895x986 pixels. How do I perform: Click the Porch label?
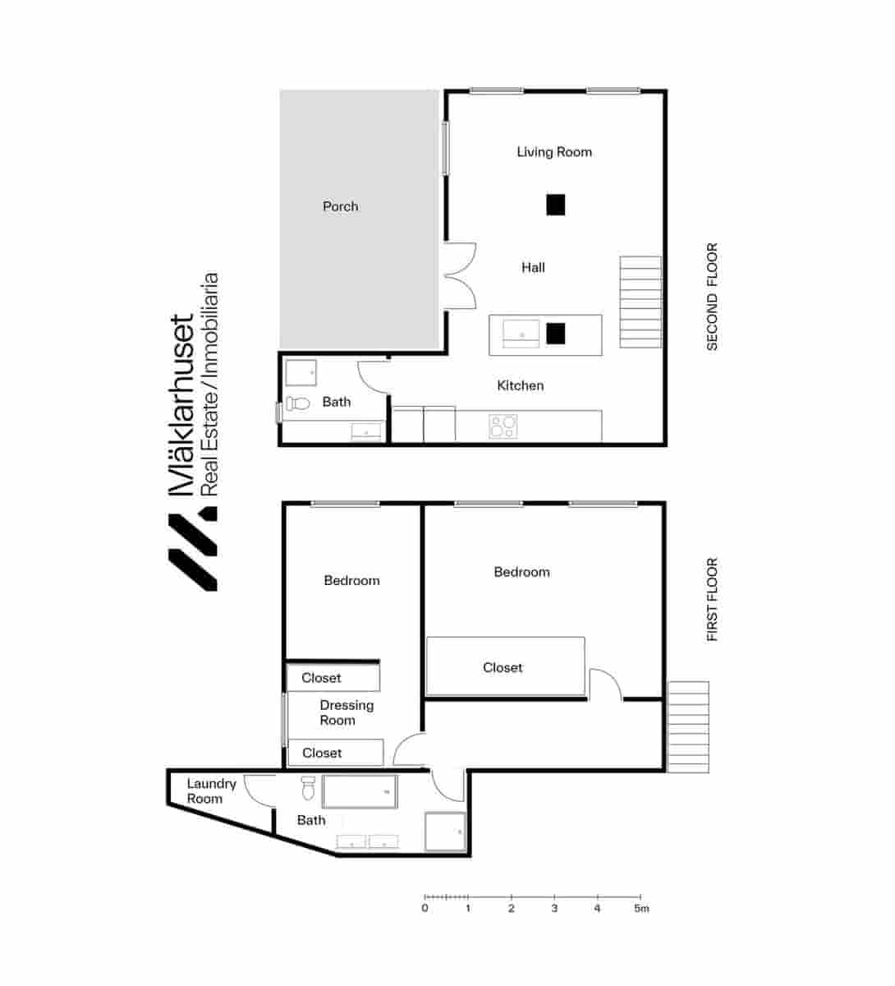[x=340, y=206]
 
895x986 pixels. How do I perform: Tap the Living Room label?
[x=553, y=152]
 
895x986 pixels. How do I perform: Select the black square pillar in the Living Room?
[x=556, y=205]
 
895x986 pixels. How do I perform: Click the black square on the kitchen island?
[x=556, y=333]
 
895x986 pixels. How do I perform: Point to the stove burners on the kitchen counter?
[x=503, y=426]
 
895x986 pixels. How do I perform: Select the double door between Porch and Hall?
[x=460, y=276]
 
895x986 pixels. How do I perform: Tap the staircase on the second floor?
[x=640, y=302]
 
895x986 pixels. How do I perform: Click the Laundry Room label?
[x=210, y=791]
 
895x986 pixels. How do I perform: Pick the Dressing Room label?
[x=346, y=712]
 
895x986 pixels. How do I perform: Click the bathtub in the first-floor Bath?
[x=360, y=792]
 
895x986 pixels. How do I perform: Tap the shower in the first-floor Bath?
[x=445, y=832]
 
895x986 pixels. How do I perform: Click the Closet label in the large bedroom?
[x=503, y=668]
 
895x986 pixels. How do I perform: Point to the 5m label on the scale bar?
[x=641, y=909]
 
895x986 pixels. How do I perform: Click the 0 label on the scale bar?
[x=425, y=909]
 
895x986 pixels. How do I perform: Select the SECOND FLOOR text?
[x=712, y=297]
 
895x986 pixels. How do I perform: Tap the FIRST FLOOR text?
[x=712, y=600]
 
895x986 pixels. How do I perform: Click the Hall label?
[x=533, y=268]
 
